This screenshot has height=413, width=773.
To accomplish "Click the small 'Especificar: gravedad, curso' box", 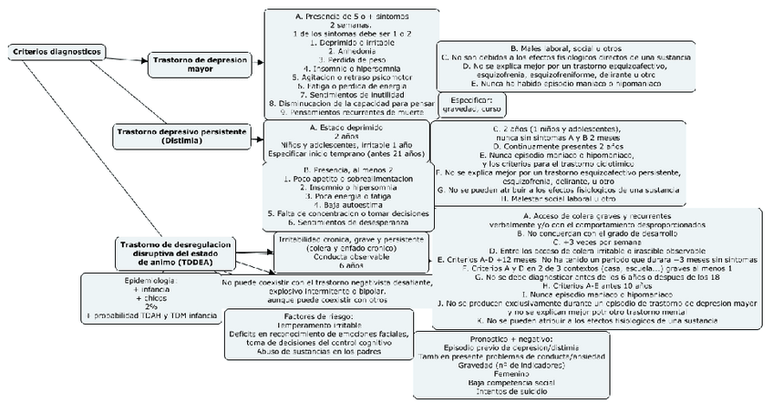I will click(x=470, y=105).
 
